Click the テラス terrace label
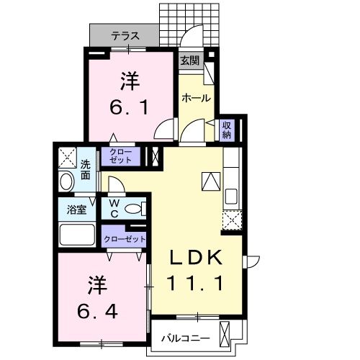[125, 35]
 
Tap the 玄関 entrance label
[189, 61]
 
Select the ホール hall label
[195, 97]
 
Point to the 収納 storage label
[226, 130]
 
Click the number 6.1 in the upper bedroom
[129, 108]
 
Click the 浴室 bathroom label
[77, 210]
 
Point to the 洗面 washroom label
[85, 168]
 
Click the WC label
[114, 209]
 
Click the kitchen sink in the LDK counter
[232, 196]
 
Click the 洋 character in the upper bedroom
[129, 81]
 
